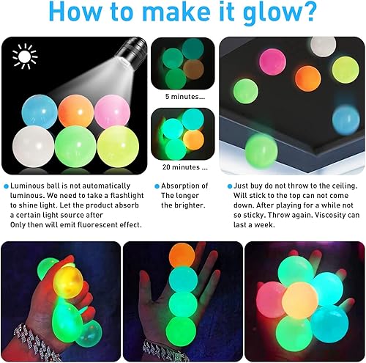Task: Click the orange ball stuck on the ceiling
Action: [307, 78]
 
